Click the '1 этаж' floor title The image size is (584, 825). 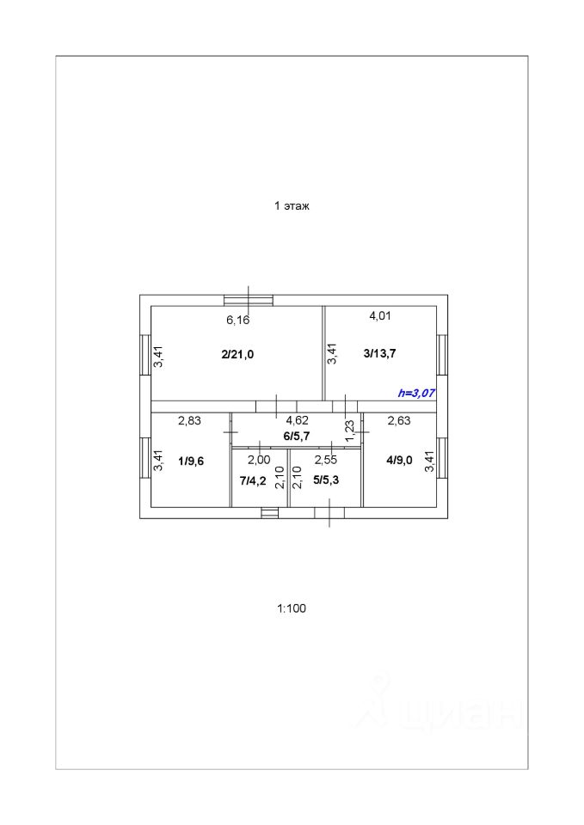pos(291,206)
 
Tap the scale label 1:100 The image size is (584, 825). pos(291,608)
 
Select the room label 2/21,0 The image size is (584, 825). pos(237,354)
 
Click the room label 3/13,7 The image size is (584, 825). pos(379,353)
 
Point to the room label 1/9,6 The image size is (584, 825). pos(191,461)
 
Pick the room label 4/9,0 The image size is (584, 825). pos(399,460)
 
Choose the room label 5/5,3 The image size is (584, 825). pos(326,480)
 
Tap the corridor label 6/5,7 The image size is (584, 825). pos(297,436)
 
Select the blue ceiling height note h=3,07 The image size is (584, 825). pos(416,393)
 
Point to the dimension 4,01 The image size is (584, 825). pos(380,315)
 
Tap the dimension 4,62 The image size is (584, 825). pos(297,420)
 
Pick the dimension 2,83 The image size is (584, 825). pos(189,420)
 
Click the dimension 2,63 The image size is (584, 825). pos(399,420)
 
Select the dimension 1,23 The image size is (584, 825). pos(349,430)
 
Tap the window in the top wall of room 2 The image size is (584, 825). pos(249,300)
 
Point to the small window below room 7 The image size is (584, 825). pos(269,513)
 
